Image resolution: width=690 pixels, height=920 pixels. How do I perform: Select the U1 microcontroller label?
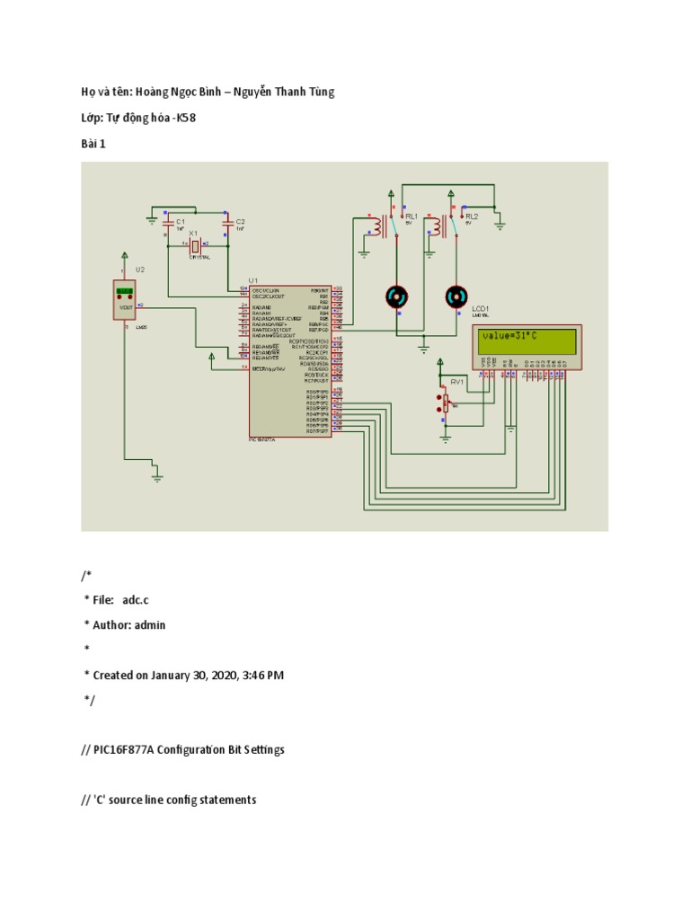(x=254, y=280)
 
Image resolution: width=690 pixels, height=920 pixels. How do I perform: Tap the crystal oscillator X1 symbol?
(x=194, y=244)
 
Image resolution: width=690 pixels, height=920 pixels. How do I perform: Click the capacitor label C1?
(x=180, y=221)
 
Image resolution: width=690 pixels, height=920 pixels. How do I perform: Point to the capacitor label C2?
(x=240, y=221)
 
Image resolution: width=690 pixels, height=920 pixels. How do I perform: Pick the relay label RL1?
(x=411, y=217)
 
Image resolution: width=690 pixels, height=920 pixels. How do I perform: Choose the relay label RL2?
(x=472, y=217)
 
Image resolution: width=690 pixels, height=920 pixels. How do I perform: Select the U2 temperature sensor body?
(x=125, y=300)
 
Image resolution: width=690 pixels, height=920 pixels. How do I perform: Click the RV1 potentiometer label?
(x=456, y=381)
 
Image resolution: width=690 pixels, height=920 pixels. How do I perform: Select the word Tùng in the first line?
(x=319, y=93)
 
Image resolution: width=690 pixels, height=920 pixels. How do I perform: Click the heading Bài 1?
(x=93, y=143)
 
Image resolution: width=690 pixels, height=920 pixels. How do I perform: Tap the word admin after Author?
(x=149, y=624)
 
